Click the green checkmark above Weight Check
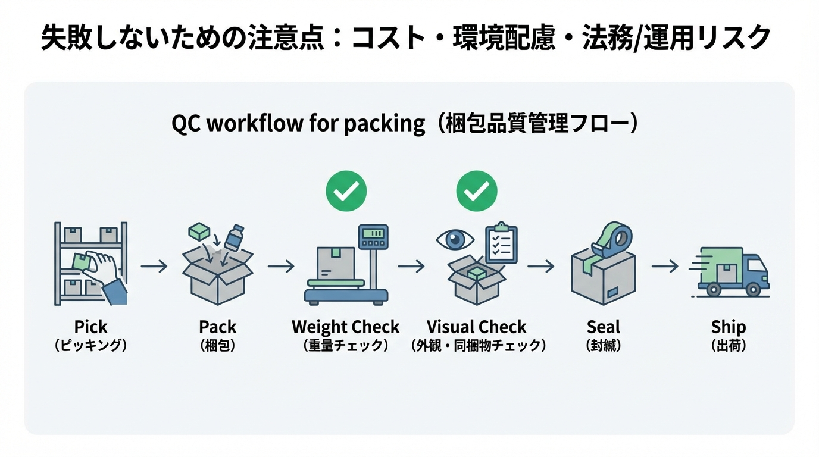[x=346, y=191]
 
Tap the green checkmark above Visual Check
[x=476, y=191]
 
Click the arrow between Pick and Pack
[x=154, y=266]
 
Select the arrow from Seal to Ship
[x=665, y=266]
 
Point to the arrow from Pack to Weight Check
[x=281, y=266]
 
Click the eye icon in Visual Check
[x=455, y=240]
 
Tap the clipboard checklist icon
[x=501, y=243]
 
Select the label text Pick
[x=91, y=327]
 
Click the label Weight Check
[x=345, y=327]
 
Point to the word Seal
[x=603, y=327]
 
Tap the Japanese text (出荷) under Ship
[x=729, y=345]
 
